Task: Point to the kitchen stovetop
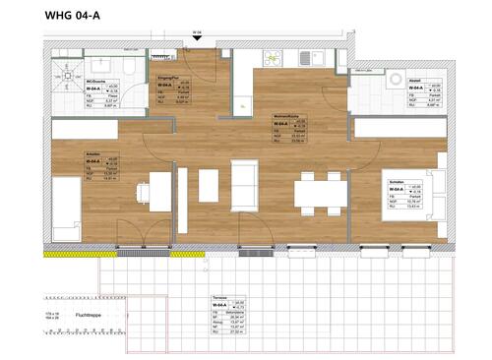(x=275, y=60)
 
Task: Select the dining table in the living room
(x=319, y=191)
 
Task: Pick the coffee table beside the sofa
(x=208, y=185)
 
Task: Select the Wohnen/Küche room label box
(x=291, y=129)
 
